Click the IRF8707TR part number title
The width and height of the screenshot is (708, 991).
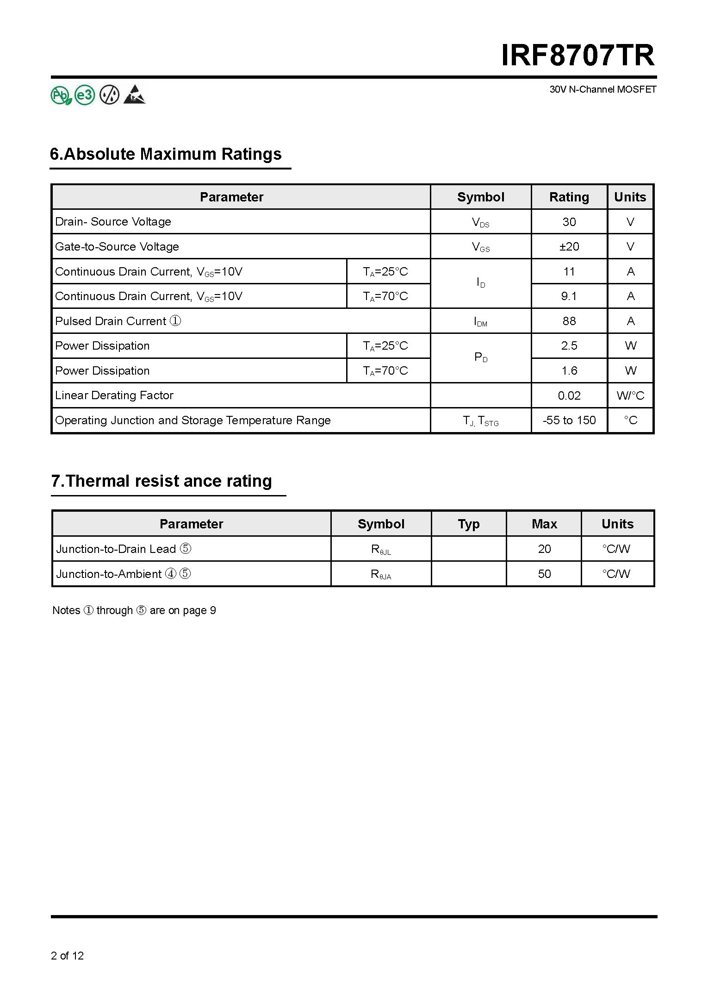(x=578, y=56)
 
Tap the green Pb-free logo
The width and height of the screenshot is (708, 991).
(x=61, y=95)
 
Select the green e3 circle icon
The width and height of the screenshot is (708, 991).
(x=85, y=95)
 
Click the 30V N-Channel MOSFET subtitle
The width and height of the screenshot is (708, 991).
(x=602, y=89)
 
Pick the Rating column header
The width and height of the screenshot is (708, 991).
(x=569, y=197)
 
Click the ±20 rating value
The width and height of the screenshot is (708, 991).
(x=569, y=247)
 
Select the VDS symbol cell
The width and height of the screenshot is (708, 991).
(x=480, y=222)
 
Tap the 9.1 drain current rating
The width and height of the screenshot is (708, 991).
(x=569, y=296)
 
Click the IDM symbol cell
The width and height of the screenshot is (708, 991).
(x=480, y=321)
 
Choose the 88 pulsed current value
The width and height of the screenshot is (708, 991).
(x=569, y=321)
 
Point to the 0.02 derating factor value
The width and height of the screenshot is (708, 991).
(x=569, y=396)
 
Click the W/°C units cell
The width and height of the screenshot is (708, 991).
(x=630, y=396)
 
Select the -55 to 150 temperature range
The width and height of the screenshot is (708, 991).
(x=569, y=420)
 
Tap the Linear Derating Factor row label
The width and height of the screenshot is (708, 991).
(x=114, y=395)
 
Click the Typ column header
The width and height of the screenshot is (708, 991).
(x=468, y=524)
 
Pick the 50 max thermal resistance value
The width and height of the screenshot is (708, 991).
(x=544, y=574)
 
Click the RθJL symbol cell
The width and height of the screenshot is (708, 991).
(x=381, y=550)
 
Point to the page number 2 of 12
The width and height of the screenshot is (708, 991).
(x=68, y=955)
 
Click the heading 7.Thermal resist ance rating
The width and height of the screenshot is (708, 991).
(x=161, y=481)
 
